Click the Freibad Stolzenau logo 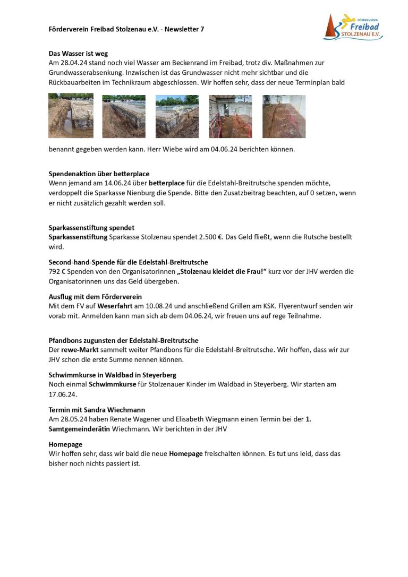[x=353, y=27]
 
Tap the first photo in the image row [x=71, y=116]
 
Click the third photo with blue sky [x=177, y=116]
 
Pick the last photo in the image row [x=284, y=116]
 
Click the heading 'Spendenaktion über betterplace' [x=99, y=174]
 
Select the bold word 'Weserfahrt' [x=115, y=306]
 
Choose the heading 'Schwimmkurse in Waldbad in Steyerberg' [x=112, y=375]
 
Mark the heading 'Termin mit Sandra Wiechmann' [x=97, y=410]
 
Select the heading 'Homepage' [x=65, y=444]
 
